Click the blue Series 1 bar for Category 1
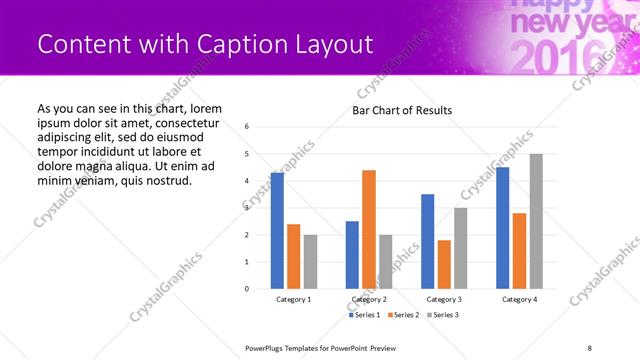pos(277,231)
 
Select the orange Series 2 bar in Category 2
pos(369,229)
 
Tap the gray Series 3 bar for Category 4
pos(536,221)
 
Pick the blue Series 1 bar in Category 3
pos(428,241)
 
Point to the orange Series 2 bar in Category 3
pos(444,264)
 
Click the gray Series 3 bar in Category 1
pos(310,262)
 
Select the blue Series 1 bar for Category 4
pos(502,228)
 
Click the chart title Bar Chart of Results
pos(402,110)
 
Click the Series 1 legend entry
pos(361,315)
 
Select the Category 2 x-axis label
pos(369,299)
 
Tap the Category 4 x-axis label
pos(519,299)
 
